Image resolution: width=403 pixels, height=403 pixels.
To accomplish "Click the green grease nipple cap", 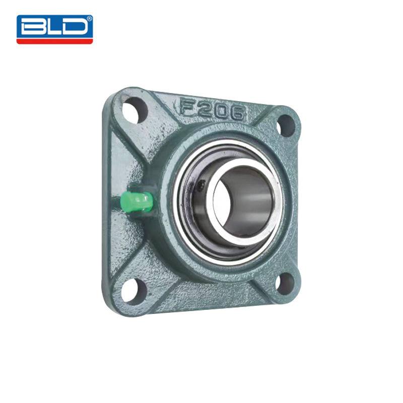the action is pyautogui.click(x=137, y=202).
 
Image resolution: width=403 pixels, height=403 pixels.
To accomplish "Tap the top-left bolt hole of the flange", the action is pyautogui.click(x=135, y=110).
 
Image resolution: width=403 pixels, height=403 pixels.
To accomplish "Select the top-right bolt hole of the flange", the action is pyautogui.click(x=286, y=125).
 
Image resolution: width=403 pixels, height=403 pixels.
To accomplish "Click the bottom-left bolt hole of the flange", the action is pyautogui.click(x=133, y=291).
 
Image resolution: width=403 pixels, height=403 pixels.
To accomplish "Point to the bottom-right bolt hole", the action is pyautogui.click(x=285, y=284).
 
